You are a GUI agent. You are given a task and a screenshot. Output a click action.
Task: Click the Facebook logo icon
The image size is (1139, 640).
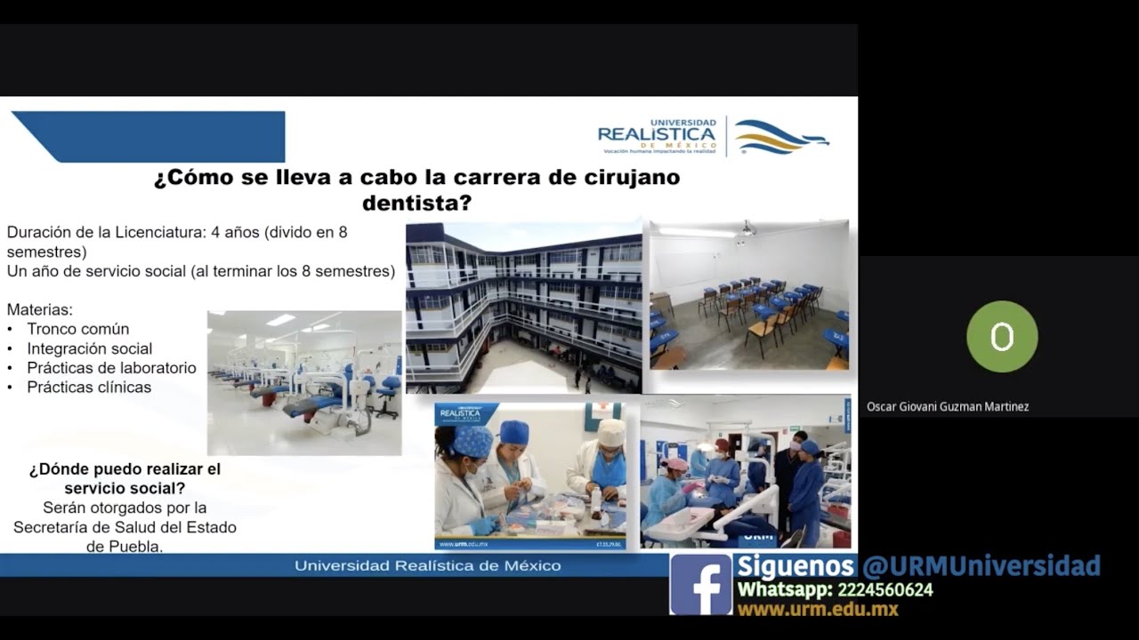tap(700, 584)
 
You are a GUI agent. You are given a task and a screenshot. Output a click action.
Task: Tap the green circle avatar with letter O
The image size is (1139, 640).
tap(1002, 337)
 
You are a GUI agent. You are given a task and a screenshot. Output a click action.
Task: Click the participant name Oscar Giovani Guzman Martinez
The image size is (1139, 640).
tap(948, 407)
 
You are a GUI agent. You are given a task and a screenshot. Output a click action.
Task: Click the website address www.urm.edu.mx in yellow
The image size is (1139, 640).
tap(817, 610)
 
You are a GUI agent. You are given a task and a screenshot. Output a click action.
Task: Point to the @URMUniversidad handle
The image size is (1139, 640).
tap(981, 565)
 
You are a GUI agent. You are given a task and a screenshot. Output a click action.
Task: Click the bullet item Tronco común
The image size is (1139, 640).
tap(77, 329)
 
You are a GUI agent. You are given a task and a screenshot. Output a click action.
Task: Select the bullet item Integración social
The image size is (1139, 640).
tap(89, 348)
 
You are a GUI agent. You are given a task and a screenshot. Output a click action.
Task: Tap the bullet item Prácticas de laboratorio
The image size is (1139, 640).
tap(111, 368)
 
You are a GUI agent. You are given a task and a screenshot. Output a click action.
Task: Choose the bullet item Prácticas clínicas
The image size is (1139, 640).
tap(89, 388)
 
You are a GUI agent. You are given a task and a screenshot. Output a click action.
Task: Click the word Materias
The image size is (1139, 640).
tap(39, 310)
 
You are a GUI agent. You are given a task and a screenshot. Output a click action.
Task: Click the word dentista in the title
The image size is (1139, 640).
tap(416, 204)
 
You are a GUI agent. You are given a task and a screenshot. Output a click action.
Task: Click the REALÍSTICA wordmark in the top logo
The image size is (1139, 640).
tap(657, 134)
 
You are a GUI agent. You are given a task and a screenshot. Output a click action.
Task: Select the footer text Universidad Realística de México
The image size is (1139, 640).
tap(427, 565)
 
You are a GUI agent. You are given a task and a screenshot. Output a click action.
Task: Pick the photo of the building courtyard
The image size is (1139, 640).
tap(523, 307)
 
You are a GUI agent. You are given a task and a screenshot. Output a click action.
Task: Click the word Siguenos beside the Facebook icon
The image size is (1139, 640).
tap(796, 565)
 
